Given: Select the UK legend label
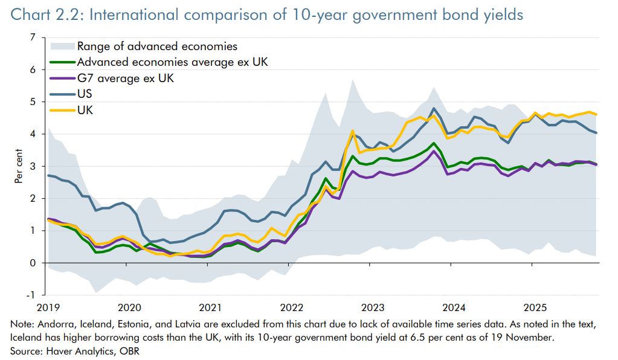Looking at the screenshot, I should click(x=85, y=109).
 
